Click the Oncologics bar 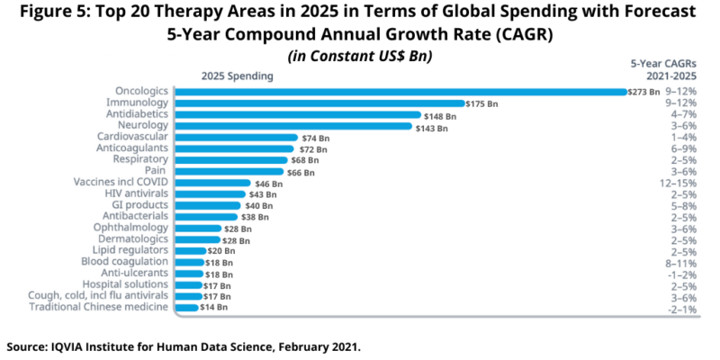pyautogui.click(x=400, y=92)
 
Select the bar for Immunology pyautogui.click(x=319, y=103)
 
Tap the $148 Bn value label pyautogui.click(x=440, y=115)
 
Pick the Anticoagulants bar pyautogui.click(x=235, y=148)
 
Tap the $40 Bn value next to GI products pyautogui.click(x=259, y=205)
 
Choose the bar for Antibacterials pyautogui.click(x=207, y=216)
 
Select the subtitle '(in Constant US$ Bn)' pyautogui.click(x=359, y=56)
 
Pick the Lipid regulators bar pyautogui.click(x=190, y=250)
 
